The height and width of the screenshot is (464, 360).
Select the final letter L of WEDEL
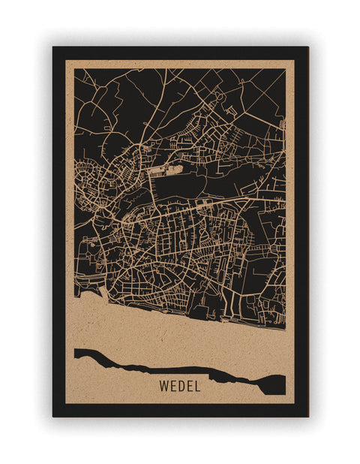pos(198,387)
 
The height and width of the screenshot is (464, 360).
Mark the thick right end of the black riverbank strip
pos(275,383)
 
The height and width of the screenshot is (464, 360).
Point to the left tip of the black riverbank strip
pos(76,353)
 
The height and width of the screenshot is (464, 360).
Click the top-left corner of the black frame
pos(54,48)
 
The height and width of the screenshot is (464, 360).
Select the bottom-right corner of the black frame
pos(307,415)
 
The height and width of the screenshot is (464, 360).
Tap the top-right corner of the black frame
pos(307,48)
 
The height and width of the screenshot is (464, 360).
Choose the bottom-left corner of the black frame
pos(54,415)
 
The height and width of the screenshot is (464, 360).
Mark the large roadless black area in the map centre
pos(184,184)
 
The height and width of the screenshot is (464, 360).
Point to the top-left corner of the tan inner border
pos(66,60)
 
